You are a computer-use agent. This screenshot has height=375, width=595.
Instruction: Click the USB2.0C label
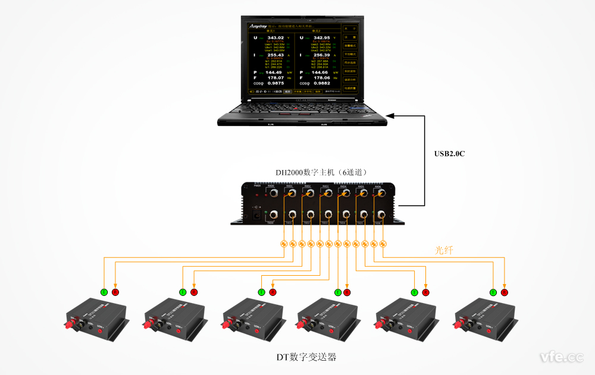[449, 154]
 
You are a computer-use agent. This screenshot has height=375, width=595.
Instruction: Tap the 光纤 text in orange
[444, 251]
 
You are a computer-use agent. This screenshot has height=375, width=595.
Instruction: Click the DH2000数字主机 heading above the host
[324, 173]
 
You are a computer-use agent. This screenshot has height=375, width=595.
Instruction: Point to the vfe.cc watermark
[561, 357]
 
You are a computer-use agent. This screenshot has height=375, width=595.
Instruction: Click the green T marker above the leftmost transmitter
[104, 292]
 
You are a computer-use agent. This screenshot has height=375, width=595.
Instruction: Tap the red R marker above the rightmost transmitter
[505, 292]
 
